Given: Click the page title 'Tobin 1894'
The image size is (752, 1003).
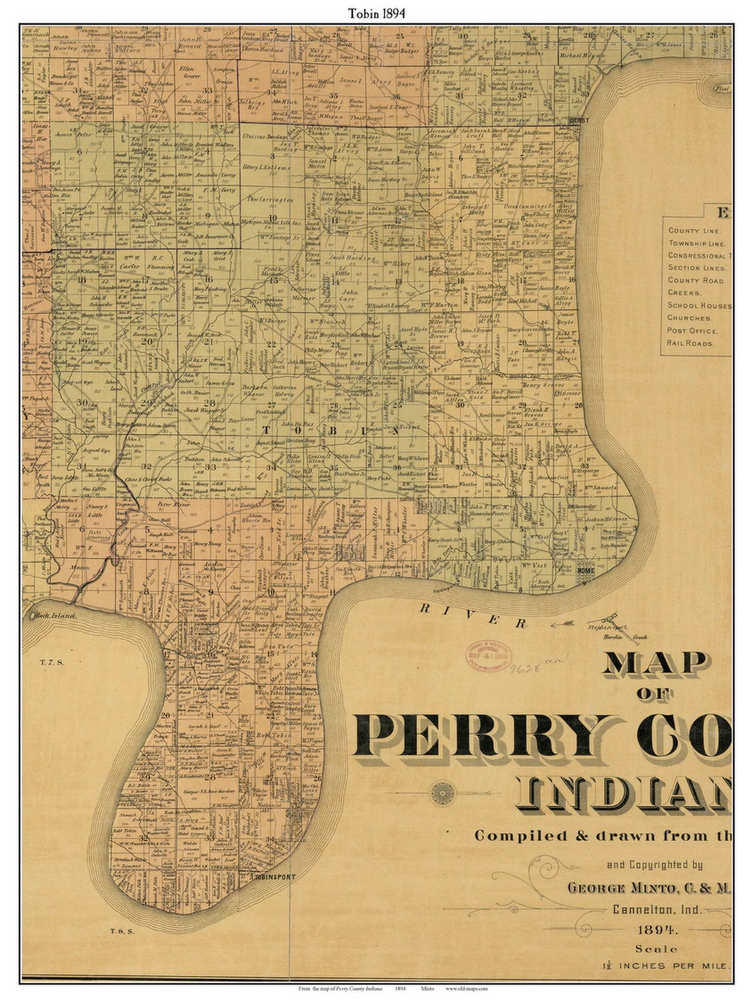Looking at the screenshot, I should point(376,13).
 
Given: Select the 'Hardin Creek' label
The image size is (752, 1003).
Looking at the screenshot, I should point(635,636).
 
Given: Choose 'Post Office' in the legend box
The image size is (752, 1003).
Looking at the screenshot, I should point(694,330).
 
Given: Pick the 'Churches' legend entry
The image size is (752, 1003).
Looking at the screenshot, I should point(689,318).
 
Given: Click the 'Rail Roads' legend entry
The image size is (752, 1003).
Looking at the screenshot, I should point(690,343).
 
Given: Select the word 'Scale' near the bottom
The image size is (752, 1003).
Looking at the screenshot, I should point(657,949).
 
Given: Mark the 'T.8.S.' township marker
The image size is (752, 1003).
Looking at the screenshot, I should point(121,930).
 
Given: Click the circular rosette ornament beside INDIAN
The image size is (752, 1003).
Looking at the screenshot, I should point(442,793).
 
